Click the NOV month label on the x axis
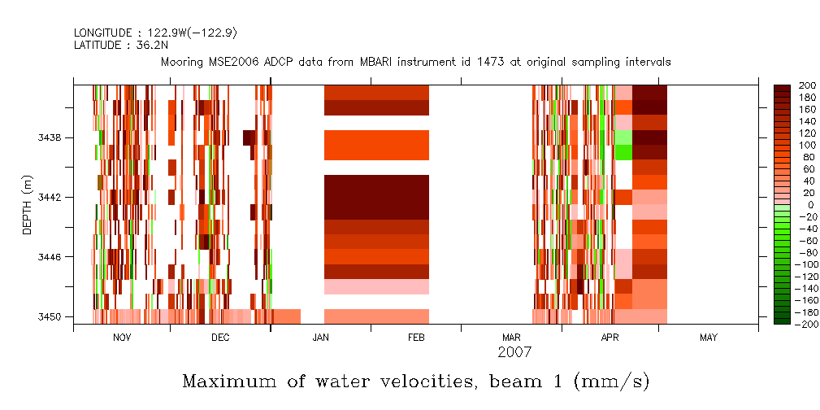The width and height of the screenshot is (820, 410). pyautogui.click(x=121, y=338)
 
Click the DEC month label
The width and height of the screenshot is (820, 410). pyautogui.click(x=219, y=338)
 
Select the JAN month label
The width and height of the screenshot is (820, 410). pyautogui.click(x=320, y=338)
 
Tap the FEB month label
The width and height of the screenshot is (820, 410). pyautogui.click(x=416, y=338)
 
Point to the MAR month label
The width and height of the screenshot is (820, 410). pyautogui.click(x=511, y=338)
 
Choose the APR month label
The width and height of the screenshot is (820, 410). pyautogui.click(x=610, y=338)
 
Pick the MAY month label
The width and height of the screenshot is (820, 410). pyautogui.click(x=708, y=338)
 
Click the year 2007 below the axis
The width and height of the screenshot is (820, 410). pyautogui.click(x=514, y=352)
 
